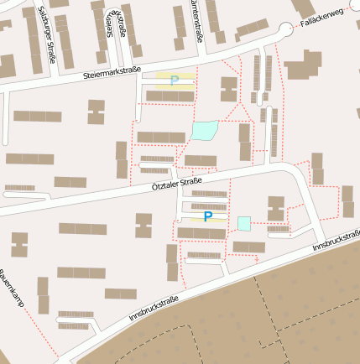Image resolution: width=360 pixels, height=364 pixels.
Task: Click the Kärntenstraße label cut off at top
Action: [198, 21]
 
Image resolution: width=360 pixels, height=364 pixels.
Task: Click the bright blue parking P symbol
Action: [207, 216]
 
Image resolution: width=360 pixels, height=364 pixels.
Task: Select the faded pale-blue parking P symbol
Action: [175, 81]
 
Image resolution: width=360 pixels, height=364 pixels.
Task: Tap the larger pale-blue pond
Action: [204, 130]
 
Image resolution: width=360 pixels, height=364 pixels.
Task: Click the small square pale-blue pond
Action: [243, 223]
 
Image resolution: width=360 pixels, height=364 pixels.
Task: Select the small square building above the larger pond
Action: [228, 88]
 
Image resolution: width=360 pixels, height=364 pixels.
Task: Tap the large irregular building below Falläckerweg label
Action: [303, 65]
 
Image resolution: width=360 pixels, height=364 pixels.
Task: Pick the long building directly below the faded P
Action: [170, 96]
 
